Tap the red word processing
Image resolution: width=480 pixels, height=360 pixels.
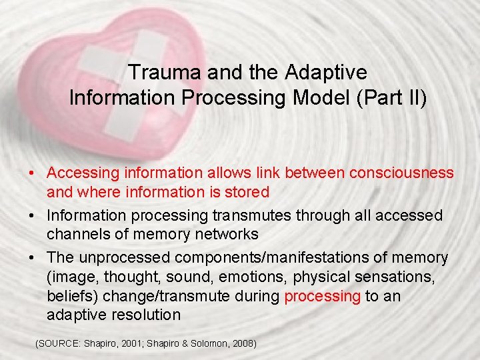point(322,295)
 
